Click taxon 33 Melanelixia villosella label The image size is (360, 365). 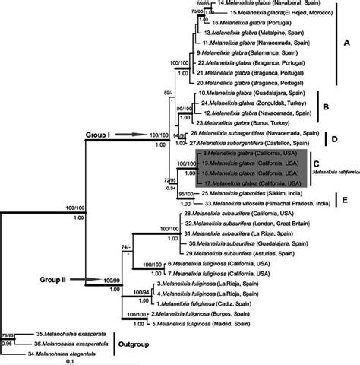[x=259, y=204]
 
